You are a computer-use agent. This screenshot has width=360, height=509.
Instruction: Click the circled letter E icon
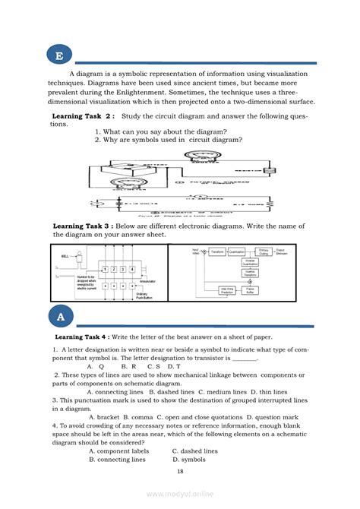[58, 55]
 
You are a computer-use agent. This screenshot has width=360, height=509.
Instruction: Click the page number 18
[180, 471]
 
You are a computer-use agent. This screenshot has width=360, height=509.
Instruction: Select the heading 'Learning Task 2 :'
[83, 116]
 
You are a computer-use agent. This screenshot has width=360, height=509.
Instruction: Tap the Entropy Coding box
[264, 251]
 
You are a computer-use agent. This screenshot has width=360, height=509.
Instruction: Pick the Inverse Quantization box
[250, 262]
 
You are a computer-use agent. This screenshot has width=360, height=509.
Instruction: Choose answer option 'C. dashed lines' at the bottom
[194, 451]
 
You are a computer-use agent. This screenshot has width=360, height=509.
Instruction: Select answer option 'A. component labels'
[118, 451]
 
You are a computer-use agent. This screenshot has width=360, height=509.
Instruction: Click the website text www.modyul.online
[179, 495]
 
